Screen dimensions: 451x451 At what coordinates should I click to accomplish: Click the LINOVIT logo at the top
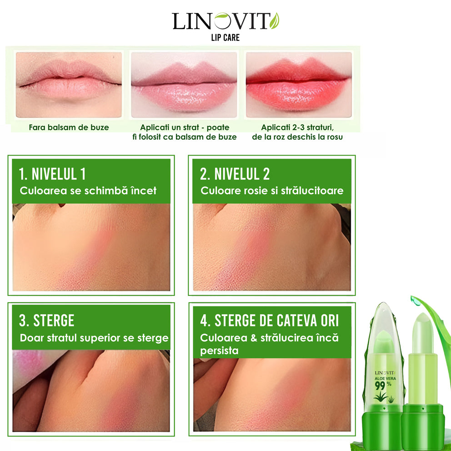[x=225, y=21]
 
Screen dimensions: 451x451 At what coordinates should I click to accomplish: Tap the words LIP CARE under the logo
[x=225, y=38]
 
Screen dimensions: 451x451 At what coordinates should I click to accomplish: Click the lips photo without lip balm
[x=69, y=85]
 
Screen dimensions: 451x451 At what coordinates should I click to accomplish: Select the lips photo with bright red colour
[x=299, y=85]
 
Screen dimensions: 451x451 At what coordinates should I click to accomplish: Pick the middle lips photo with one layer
[x=184, y=85]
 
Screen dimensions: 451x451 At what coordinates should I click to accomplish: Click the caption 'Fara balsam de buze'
[x=69, y=127]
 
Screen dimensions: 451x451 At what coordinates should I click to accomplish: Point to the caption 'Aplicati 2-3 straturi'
[x=297, y=127]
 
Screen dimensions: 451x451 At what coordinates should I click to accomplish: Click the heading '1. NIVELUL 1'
[x=52, y=174]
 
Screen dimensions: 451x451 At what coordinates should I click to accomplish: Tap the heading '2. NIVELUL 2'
[x=235, y=174]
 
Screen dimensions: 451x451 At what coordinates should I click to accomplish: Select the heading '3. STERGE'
[x=46, y=321]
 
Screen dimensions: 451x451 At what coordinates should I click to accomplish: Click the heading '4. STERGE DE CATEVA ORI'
[x=270, y=321]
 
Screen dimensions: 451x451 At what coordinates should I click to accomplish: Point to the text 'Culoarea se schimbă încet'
[x=88, y=190]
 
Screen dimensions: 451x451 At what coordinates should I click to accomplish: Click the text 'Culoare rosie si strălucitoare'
[x=272, y=190]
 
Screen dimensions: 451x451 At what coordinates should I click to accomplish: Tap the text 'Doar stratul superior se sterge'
[x=94, y=338]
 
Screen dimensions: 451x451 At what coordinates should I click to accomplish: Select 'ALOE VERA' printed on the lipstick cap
[x=385, y=379]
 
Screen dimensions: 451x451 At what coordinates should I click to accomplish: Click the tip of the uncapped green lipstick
[x=422, y=315]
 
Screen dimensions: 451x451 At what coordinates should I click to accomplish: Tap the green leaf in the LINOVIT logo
[x=275, y=21]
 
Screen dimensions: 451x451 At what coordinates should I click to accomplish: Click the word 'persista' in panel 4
[x=219, y=351]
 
